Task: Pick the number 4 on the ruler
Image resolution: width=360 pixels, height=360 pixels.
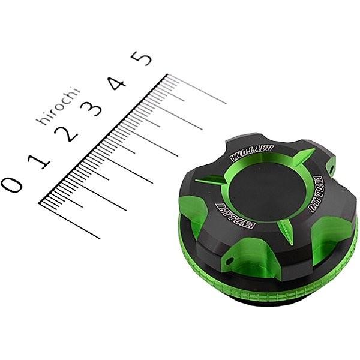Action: click(118, 83)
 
